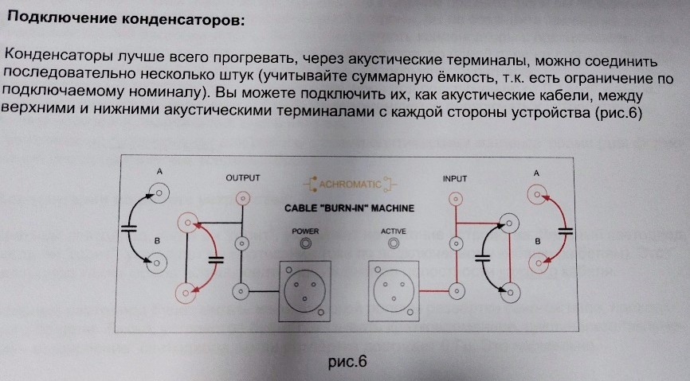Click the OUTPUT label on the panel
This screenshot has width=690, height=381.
[x=242, y=177]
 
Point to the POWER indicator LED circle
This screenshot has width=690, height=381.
[x=304, y=243]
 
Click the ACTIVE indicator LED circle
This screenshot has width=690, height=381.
[x=392, y=243]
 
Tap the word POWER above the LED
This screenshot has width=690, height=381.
[x=304, y=231]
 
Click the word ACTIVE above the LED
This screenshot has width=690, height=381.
[x=393, y=231]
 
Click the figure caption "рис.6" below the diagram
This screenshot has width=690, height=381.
[x=347, y=362]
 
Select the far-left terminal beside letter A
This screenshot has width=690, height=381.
[x=158, y=192]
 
